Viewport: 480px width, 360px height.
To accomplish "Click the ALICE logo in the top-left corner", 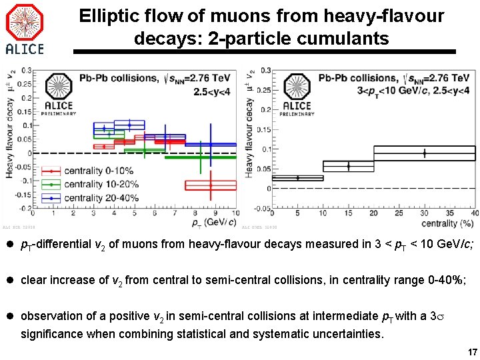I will [x=25, y=29].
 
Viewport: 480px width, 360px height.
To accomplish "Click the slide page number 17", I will [x=472, y=352].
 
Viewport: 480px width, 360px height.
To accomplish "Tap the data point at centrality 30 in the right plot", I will [x=424, y=153].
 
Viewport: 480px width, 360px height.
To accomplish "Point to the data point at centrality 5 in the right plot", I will [x=297, y=178].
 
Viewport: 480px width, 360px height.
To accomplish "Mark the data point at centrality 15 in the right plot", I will [x=348, y=165].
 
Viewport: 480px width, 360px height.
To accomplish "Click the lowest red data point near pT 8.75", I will [x=211, y=185].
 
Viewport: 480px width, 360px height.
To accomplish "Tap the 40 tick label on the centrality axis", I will [x=473, y=214].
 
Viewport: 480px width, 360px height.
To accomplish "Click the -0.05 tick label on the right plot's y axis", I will [x=262, y=209].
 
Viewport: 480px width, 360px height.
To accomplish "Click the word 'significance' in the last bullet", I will [x=51, y=333].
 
